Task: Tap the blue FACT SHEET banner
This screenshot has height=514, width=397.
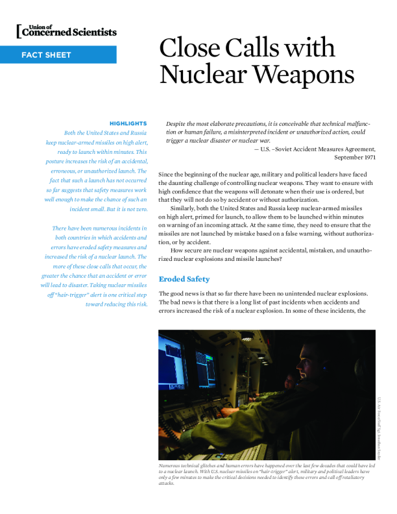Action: [x=58, y=55]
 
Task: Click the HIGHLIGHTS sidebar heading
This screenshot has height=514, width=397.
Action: [x=128, y=123]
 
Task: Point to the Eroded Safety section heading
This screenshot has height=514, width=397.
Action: [x=184, y=279]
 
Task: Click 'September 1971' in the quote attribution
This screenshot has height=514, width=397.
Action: [x=355, y=158]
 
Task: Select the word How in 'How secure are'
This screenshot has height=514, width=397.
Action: [x=176, y=250]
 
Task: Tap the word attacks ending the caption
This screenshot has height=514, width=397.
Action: [x=167, y=483]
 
